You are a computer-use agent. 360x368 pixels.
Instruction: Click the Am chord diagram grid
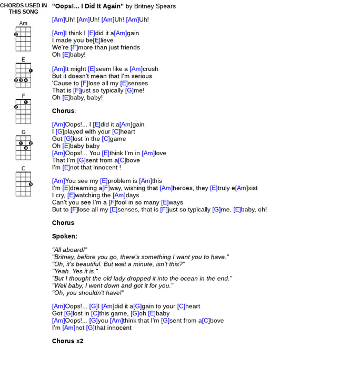[23, 39]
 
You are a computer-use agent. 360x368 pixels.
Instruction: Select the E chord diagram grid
[23, 75]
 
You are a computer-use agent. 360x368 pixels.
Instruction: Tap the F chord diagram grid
[23, 111]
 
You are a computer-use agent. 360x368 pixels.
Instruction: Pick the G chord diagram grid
[23, 148]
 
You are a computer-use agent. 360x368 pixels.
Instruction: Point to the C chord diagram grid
[23, 184]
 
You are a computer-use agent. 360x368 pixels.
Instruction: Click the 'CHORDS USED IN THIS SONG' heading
[23, 8]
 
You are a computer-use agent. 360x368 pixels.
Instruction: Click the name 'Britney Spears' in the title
[155, 6]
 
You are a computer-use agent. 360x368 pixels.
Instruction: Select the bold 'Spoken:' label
[65, 237]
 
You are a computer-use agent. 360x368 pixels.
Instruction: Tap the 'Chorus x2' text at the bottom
[68, 341]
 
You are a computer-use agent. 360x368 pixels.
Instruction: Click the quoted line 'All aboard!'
[69, 250]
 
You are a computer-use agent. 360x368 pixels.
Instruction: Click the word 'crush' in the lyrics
[151, 69]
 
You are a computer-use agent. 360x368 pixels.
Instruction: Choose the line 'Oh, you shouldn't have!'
[88, 293]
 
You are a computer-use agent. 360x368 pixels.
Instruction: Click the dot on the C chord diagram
[31, 184]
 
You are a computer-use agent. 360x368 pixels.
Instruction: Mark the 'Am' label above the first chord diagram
[23, 24]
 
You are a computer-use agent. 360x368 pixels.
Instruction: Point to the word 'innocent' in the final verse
[113, 328]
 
